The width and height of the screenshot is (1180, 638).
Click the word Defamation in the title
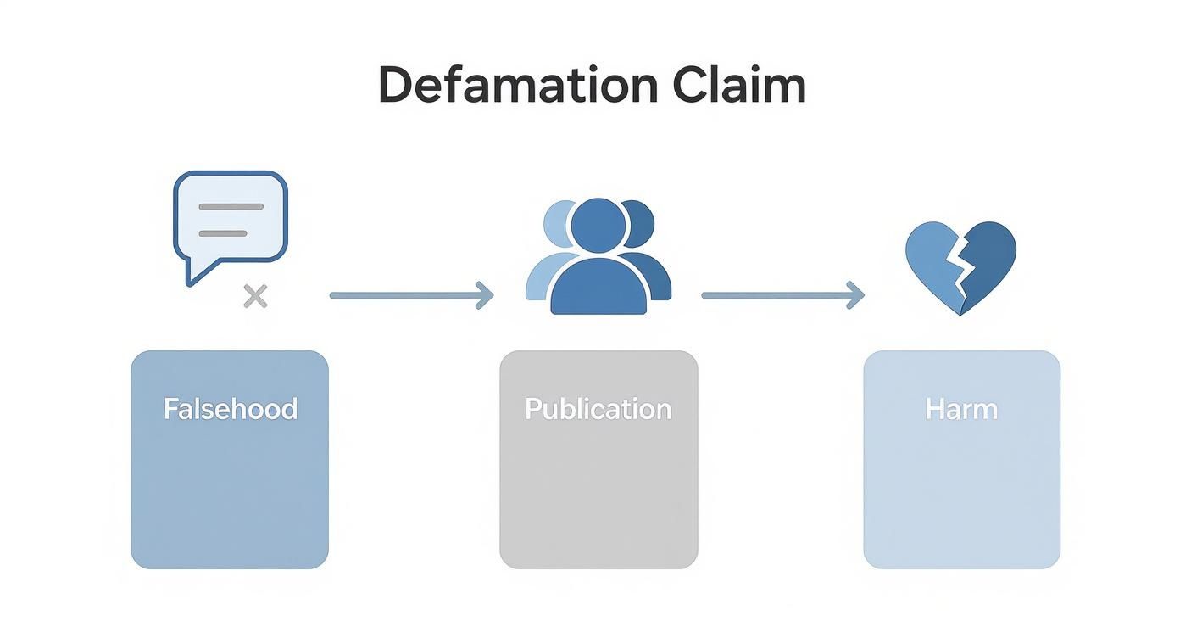point(517,86)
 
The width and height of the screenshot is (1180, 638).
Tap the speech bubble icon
point(231,217)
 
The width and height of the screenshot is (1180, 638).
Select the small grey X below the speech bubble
point(255,296)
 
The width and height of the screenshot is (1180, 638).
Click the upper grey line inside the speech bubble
point(230,206)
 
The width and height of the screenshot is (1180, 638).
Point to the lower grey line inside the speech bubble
point(222,233)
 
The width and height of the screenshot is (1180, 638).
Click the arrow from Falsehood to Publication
point(407,295)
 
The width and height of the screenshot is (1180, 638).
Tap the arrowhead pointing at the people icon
point(485,295)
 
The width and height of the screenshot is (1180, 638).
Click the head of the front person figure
point(598,226)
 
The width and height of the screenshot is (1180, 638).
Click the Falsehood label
point(230,409)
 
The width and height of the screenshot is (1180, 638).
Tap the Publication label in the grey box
point(598,409)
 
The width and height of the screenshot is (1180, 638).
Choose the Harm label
point(961,409)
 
